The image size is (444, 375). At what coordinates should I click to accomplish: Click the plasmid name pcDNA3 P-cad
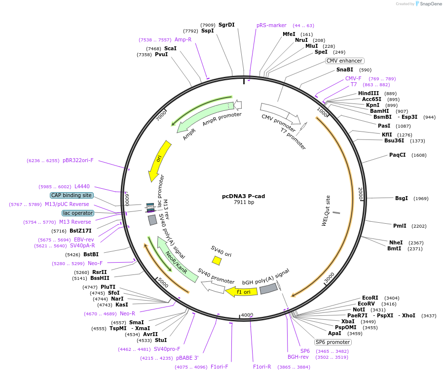tap(243, 196)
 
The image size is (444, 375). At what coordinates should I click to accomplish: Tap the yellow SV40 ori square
tap(217, 260)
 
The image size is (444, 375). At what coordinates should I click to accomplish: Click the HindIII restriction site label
tap(369, 93)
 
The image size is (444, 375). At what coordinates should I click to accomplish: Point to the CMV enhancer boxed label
tap(344, 61)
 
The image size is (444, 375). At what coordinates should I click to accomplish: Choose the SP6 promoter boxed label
tap(333, 342)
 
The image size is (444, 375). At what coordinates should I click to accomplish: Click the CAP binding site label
tap(72, 195)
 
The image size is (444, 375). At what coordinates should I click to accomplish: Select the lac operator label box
tap(78, 213)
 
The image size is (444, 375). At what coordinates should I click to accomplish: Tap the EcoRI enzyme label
tap(370, 298)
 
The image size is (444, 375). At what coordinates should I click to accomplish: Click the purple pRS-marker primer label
tap(271, 26)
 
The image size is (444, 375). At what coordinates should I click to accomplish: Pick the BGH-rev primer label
tap(297, 357)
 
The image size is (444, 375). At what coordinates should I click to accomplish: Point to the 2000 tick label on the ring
tap(361, 193)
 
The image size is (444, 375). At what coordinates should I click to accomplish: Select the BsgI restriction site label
tap(402, 199)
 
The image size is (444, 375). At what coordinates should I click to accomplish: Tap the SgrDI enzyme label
tap(226, 25)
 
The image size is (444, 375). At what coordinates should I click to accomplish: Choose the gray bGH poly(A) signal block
tap(268, 289)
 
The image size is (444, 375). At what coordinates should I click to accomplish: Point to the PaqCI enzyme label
tap(398, 155)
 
